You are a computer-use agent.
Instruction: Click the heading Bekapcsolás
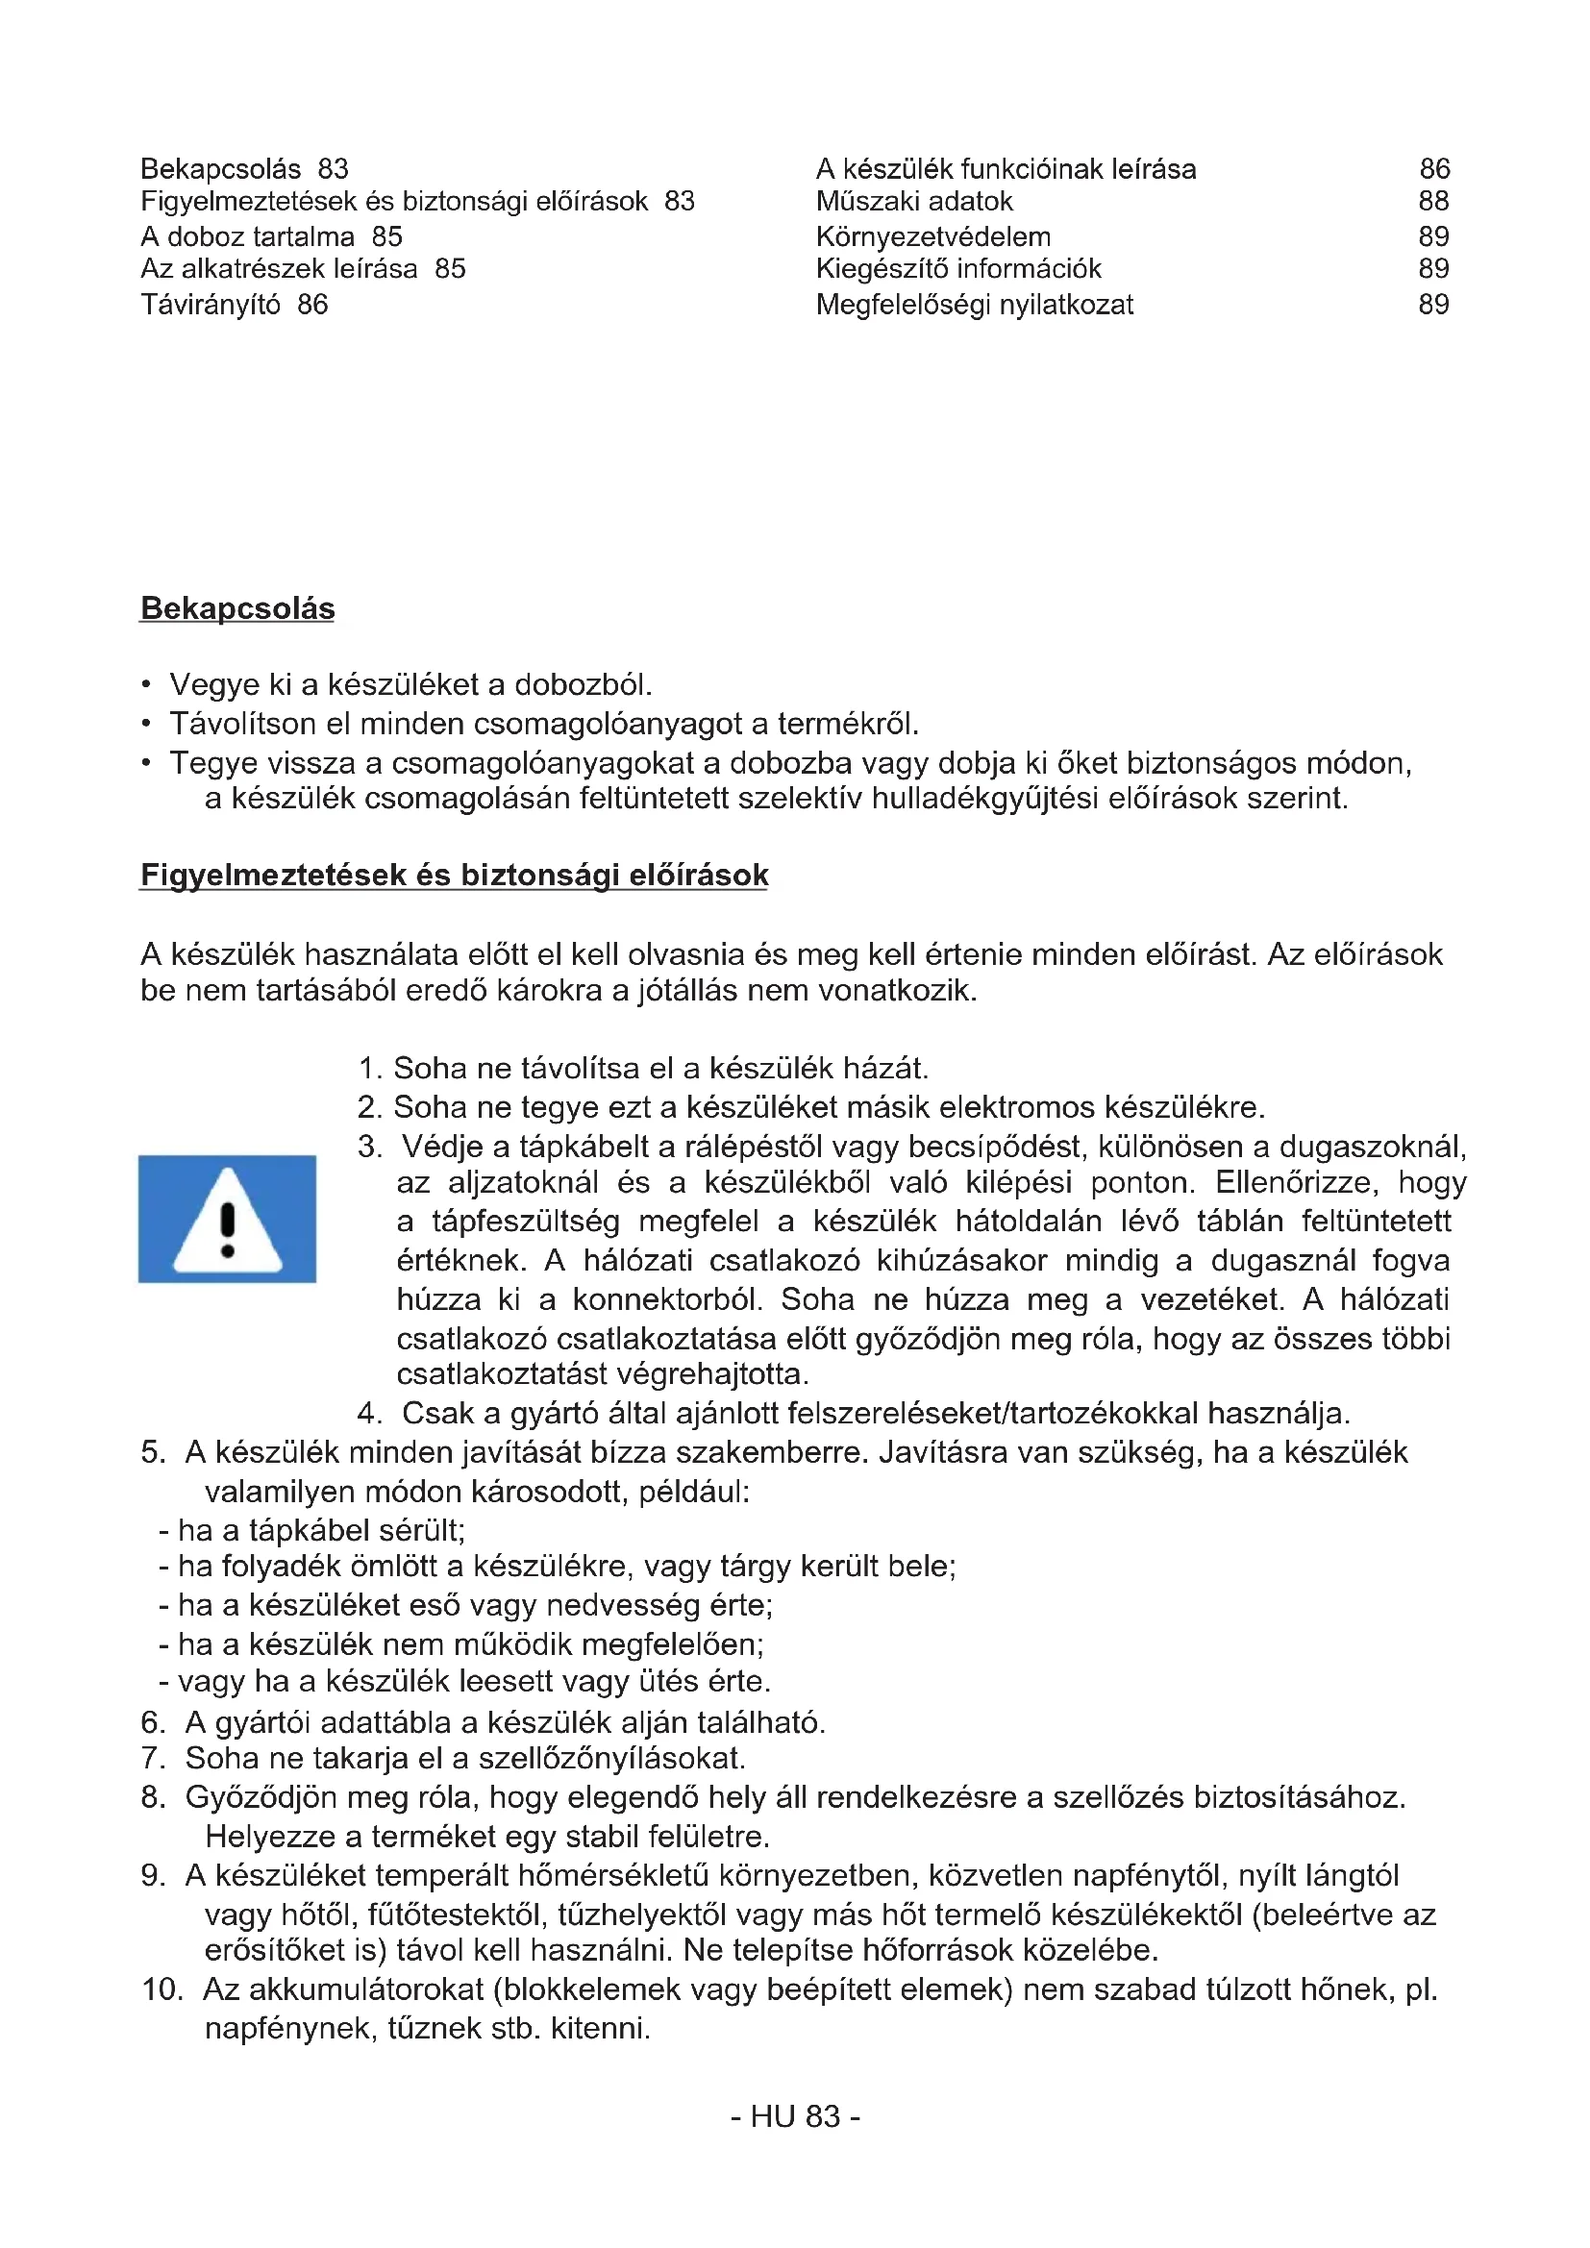tap(237, 609)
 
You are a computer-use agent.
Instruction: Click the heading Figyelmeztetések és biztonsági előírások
tap(455, 876)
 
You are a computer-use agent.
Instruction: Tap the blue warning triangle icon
tap(227, 1219)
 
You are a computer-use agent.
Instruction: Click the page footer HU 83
tap(795, 2115)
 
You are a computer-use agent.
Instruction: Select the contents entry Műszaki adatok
tap(913, 202)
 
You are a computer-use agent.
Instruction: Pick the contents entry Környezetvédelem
tap(933, 237)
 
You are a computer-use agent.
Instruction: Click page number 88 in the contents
tap(1433, 202)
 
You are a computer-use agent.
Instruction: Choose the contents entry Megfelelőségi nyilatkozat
tap(974, 305)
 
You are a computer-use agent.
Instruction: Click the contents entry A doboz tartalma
tap(248, 237)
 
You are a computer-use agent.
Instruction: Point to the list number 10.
tap(162, 1989)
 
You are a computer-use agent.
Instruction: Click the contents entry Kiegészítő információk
tap(958, 269)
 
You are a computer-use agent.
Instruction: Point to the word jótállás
tap(696, 991)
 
